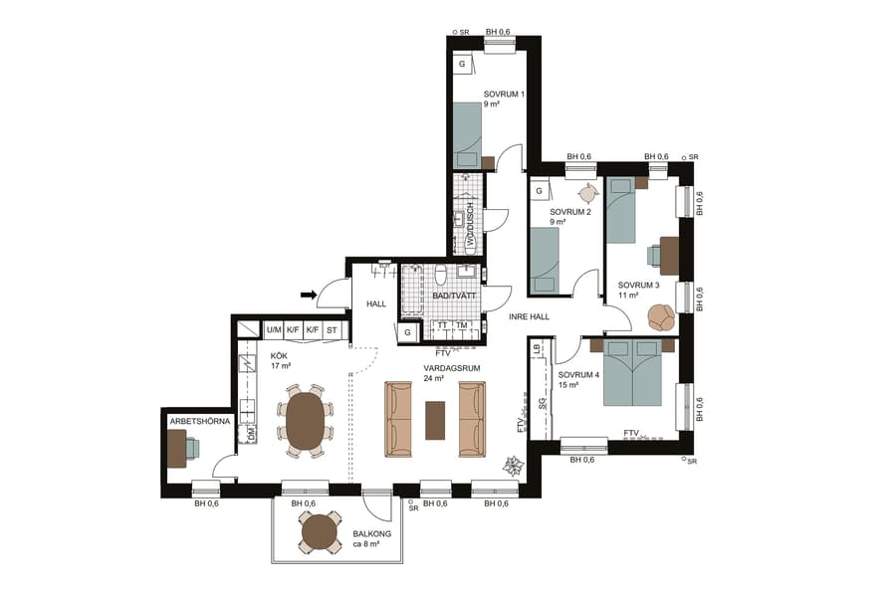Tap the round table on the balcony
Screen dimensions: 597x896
tap(322, 533)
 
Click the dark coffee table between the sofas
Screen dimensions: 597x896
tap(436, 419)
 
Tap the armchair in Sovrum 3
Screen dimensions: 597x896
tap(660, 317)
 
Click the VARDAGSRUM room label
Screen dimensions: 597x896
tap(452, 367)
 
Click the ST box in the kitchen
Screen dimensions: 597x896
tap(333, 329)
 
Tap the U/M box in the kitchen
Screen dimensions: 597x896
tap(274, 329)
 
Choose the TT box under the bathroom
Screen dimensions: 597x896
tap(442, 325)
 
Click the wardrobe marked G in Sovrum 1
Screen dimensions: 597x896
tap(463, 65)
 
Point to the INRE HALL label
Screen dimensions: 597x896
tap(528, 318)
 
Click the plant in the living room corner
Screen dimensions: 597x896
tap(514, 466)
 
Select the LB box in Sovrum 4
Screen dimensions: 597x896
tap(537, 348)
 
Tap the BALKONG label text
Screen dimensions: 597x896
tap(371, 534)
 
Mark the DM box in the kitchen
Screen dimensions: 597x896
tap(251, 435)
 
